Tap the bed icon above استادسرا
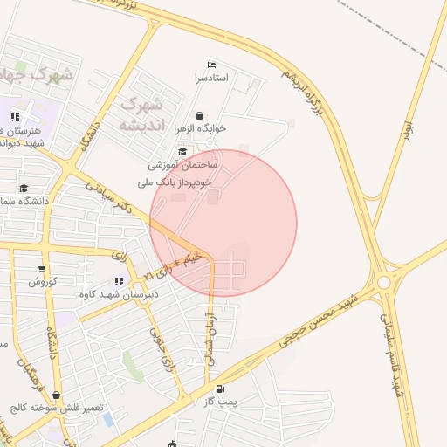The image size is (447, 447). [210, 65]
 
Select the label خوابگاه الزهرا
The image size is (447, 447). [200, 128]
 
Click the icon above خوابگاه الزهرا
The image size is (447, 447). [200, 115]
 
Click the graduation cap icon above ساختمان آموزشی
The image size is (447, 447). [182, 151]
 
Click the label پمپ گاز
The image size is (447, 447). [227, 402]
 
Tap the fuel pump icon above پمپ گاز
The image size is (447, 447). [219, 389]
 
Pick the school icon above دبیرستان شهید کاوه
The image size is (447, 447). [118, 281]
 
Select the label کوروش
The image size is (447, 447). [42, 282]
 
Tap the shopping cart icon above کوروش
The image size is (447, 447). [42, 269]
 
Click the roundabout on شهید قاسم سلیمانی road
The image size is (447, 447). [384, 281]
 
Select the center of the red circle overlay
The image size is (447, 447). [223, 223]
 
